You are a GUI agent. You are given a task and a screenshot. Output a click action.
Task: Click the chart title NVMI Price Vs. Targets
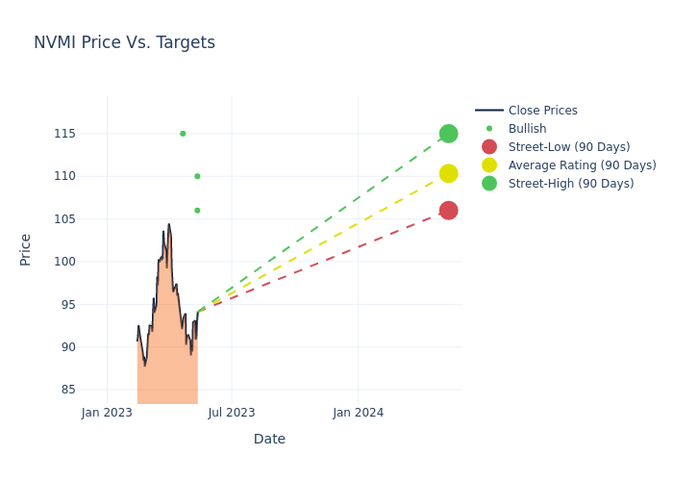click(124, 42)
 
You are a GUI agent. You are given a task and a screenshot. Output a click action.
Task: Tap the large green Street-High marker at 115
click(448, 134)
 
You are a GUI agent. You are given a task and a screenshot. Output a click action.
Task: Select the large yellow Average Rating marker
click(448, 173)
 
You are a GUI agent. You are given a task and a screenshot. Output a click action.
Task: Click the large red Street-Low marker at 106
click(448, 210)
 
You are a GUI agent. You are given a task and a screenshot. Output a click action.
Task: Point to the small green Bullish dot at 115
click(183, 134)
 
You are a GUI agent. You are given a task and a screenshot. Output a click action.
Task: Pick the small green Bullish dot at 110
click(197, 176)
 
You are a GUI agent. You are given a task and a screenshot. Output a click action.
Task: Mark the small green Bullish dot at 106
click(197, 211)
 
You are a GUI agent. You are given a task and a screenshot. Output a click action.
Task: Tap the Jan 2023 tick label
click(107, 413)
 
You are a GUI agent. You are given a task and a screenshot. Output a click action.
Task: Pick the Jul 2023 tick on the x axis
click(232, 413)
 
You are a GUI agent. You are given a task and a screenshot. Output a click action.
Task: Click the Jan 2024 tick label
click(359, 413)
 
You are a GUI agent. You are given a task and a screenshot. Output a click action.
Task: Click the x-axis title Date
click(269, 440)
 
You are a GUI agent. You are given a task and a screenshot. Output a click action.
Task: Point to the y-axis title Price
click(26, 249)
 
